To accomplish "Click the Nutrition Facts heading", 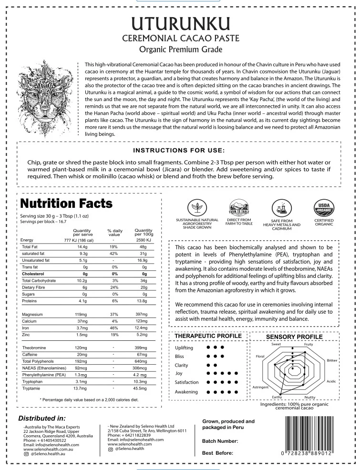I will coord(66,204).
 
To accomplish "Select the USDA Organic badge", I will coord(324,207).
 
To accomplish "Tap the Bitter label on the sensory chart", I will coord(332,360).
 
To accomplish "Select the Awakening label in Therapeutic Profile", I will coord(186,391).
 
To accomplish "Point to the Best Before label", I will coord(218,453).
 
